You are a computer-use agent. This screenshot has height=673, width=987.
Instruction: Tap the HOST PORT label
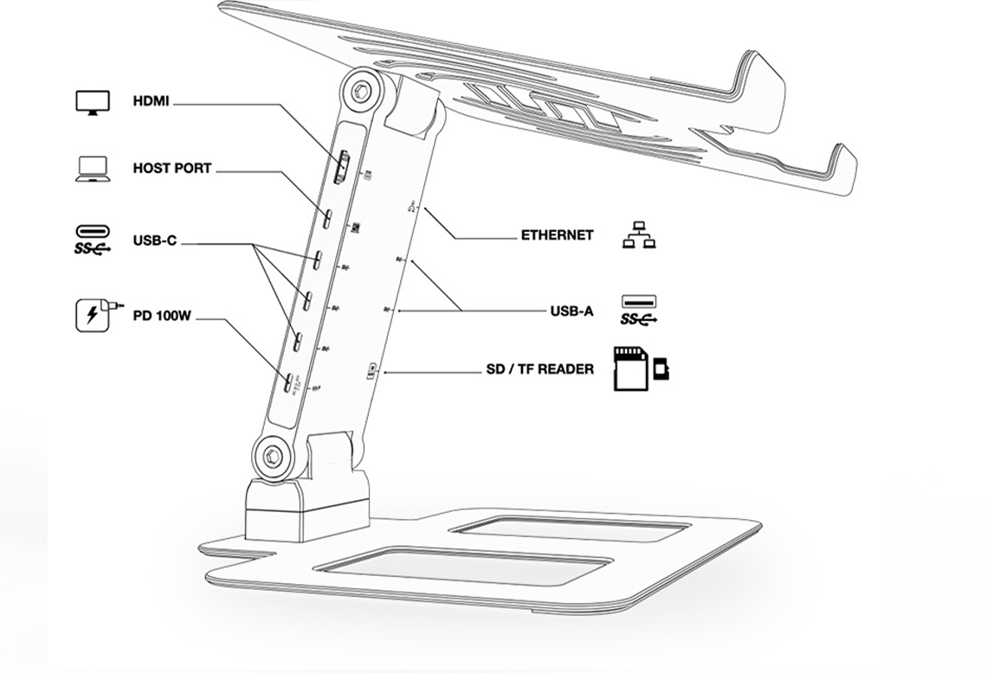[x=171, y=168]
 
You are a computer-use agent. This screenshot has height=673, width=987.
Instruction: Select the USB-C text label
[x=154, y=240]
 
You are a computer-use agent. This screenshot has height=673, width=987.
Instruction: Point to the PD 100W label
[x=161, y=316]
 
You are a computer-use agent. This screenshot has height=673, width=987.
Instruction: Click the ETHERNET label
[x=557, y=234]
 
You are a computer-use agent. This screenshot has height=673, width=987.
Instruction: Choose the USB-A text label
[x=571, y=311]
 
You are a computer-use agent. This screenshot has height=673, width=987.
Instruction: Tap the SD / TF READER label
[x=539, y=369]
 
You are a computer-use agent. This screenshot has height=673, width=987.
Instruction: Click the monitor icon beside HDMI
[x=93, y=102]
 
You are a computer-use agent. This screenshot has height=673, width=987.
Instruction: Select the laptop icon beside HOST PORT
[x=92, y=169]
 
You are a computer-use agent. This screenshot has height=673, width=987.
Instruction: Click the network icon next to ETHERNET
[x=639, y=234]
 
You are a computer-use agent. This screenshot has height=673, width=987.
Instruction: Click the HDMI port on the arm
[x=343, y=168]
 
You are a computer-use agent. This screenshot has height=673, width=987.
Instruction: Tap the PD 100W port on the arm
[x=287, y=381]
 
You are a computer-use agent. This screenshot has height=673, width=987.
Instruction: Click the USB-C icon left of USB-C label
[x=93, y=240]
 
